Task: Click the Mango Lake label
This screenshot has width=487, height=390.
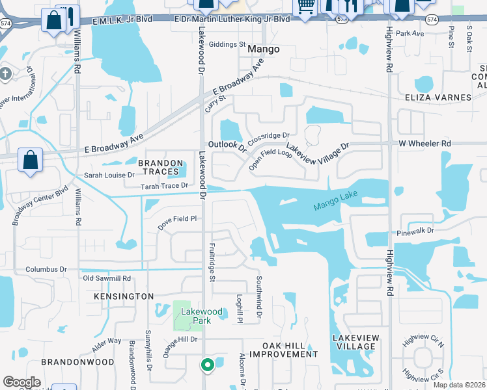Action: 335,203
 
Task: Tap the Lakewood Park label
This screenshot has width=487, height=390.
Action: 202,316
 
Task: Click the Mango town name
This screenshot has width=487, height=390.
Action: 264,49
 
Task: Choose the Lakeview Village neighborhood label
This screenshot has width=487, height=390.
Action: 354,342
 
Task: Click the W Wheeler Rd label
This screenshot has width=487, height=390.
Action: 424,143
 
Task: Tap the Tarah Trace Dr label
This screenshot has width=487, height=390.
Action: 165,186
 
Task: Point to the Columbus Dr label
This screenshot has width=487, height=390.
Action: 46,269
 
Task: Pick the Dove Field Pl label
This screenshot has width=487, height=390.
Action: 176,219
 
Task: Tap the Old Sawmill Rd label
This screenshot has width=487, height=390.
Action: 107,278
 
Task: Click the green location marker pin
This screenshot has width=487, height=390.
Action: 208,365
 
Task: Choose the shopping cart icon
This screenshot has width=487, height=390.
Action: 305,6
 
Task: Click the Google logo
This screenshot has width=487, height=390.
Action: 21,382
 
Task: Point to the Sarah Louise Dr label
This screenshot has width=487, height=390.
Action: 109,175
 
